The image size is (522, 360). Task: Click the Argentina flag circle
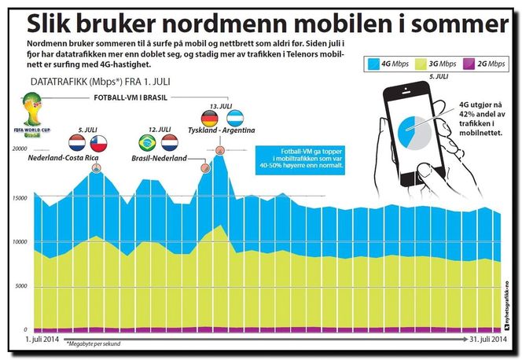click(233, 119)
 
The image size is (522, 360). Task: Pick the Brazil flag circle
click(147, 142)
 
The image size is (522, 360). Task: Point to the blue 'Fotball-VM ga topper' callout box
click(300, 159)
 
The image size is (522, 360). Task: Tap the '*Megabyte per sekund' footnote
click(95, 344)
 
